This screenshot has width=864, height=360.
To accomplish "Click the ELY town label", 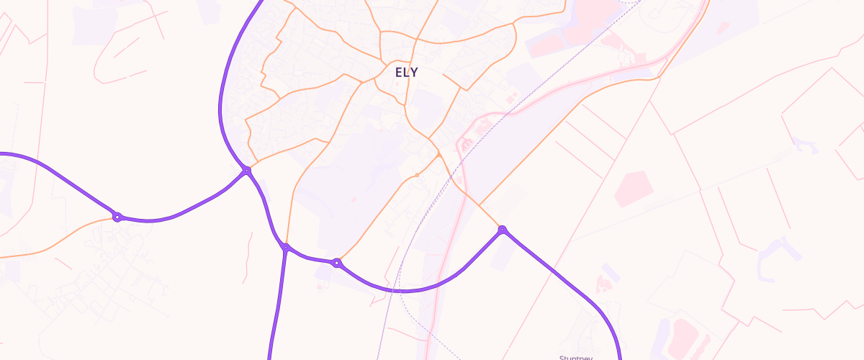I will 406,72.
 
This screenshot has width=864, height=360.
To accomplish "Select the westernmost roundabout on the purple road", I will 117,217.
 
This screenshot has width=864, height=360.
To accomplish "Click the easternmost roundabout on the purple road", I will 502,230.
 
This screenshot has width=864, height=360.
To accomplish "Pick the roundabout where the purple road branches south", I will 286,248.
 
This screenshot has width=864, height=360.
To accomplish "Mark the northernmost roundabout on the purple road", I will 246,171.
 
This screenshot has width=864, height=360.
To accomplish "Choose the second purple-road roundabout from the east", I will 336,263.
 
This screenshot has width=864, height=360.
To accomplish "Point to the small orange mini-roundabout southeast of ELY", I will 417,175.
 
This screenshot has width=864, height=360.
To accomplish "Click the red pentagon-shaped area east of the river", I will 634,188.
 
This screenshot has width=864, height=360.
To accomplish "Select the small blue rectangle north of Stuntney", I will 611,273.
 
